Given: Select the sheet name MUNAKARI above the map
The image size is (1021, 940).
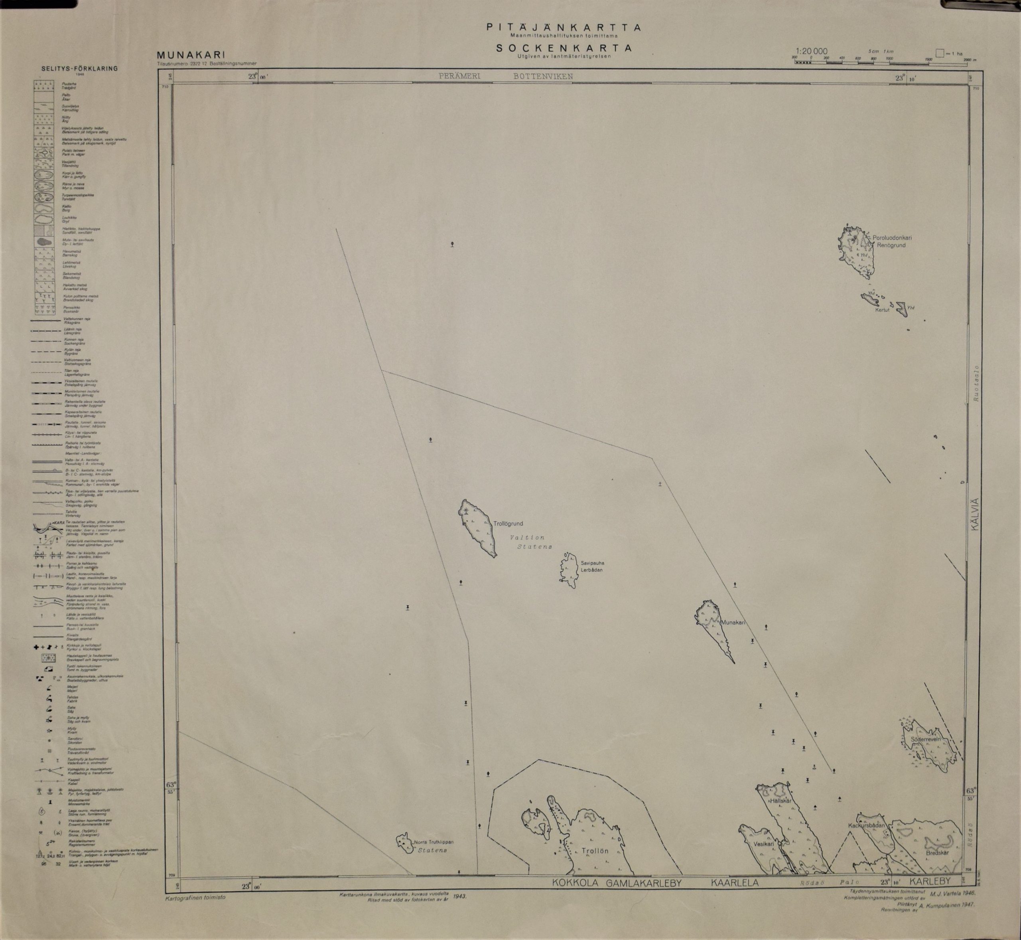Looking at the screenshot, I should point(191,55).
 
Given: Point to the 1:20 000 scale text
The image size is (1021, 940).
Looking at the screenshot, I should point(812,51).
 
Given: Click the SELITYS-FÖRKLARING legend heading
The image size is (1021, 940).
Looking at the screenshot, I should point(80,68).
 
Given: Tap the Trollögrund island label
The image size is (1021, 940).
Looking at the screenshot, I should point(508,523).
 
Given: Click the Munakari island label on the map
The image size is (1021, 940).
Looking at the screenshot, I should point(732,622).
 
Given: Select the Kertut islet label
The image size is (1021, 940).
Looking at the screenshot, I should point(882,310).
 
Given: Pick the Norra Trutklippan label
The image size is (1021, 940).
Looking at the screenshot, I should point(433,842).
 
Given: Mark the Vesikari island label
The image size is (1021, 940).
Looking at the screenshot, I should point(763,843).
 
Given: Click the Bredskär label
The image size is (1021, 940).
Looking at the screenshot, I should point(937,853).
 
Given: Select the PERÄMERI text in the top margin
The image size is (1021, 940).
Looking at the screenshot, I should point(459,76).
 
